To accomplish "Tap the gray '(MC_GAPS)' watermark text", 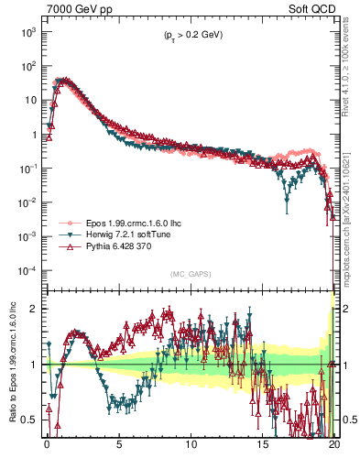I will click(189, 274).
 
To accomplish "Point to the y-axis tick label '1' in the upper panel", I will click(33, 135).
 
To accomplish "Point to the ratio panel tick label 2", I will click(33, 309).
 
